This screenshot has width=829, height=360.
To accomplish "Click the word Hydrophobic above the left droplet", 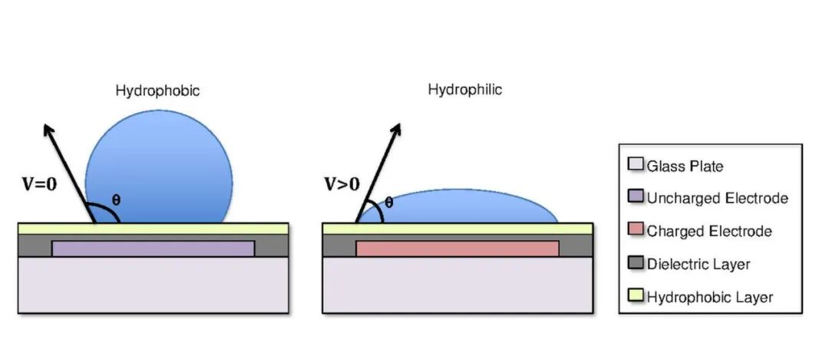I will tap(157, 91).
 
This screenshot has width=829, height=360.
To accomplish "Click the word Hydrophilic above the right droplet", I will tap(464, 90).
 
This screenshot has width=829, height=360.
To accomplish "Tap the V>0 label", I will tap(341, 184).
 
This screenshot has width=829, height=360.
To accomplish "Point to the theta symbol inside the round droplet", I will tap(116, 201).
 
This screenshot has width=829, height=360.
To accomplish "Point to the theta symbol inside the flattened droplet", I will tap(388, 203).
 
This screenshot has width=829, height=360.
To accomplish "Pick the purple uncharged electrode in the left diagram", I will tap(153, 249).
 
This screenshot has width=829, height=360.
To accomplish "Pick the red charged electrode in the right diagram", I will tap(457, 249).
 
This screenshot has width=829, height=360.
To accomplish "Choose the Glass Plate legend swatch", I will tap(636, 165).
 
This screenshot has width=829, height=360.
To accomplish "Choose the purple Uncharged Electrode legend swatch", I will tap(636, 198).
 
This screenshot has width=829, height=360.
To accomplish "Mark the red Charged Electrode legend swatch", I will tap(636, 231).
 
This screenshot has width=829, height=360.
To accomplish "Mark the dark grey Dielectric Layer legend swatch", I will tap(636, 264).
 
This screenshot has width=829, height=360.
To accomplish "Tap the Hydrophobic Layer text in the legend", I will tap(710, 297).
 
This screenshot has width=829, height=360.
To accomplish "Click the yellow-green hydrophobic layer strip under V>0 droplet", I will tap(457, 228).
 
